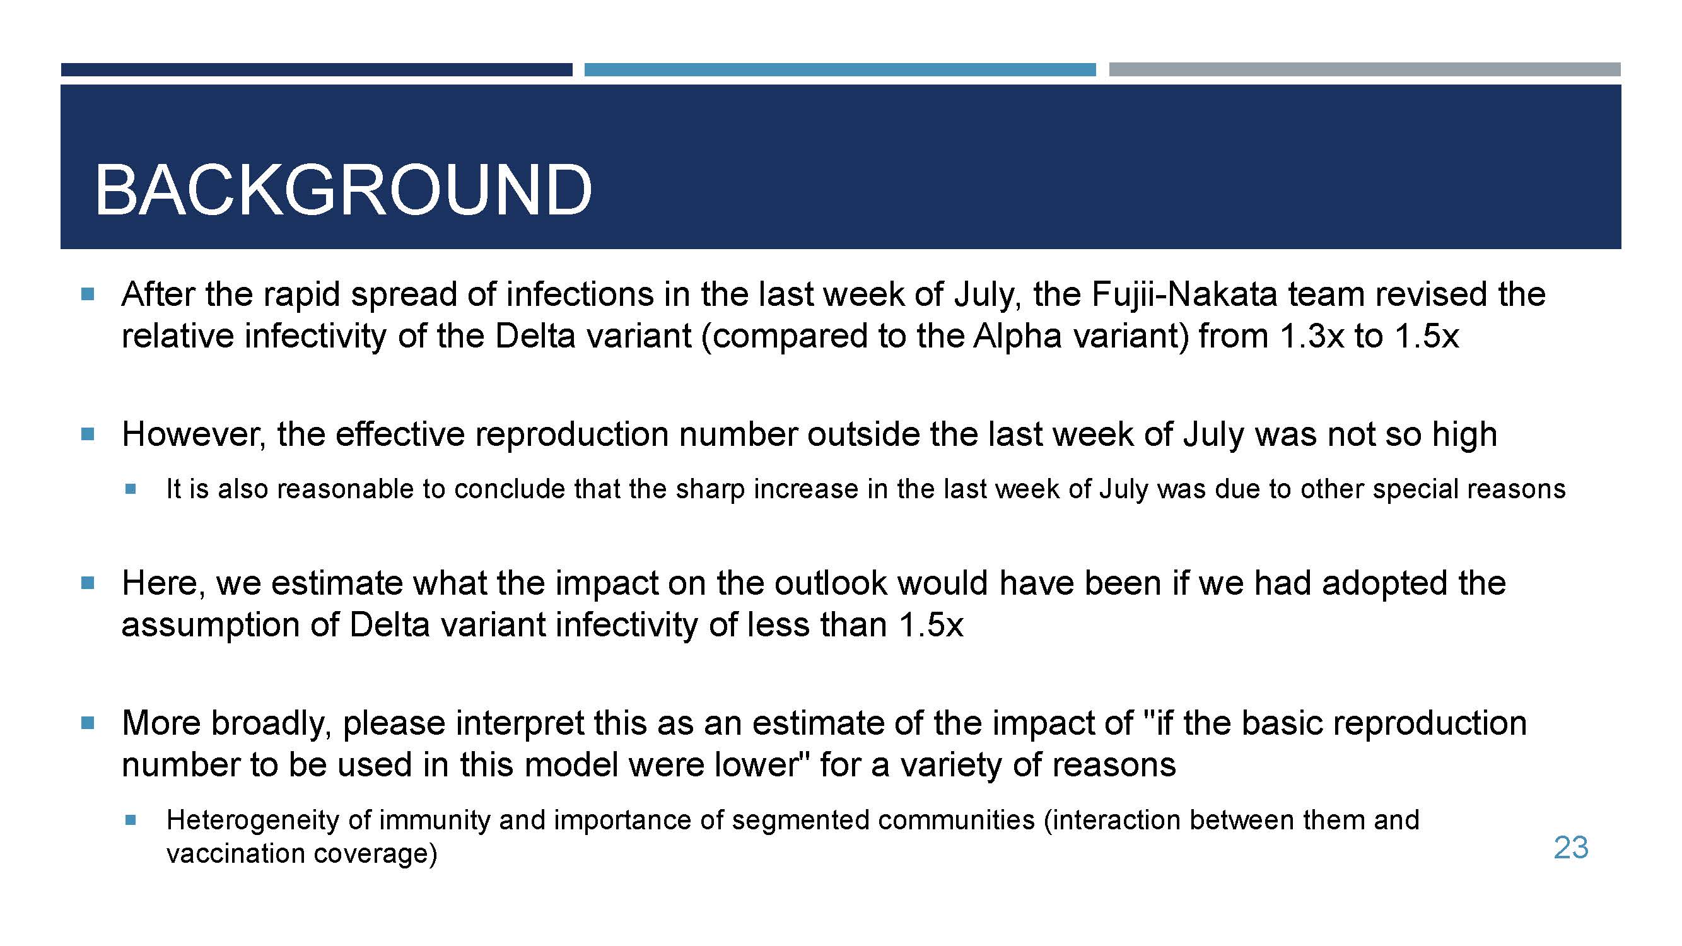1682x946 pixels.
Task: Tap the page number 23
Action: coord(1571,848)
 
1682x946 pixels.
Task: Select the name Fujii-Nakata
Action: coord(1184,295)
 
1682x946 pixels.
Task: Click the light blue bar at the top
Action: coord(839,70)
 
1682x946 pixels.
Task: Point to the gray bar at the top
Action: coord(1365,69)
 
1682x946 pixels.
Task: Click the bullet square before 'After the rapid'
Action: coord(88,294)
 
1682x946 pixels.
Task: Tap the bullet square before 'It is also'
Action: coord(131,488)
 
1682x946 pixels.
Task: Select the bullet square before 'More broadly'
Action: coord(88,723)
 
